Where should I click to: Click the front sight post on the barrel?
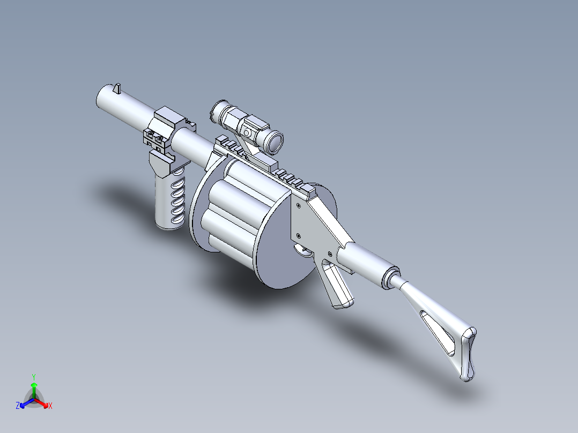click(116, 88)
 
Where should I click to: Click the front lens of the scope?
click(275, 141)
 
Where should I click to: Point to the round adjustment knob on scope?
click(247, 131)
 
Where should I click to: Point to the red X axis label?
click(50, 406)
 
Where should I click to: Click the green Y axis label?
click(33, 376)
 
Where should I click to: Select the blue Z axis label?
click(18, 406)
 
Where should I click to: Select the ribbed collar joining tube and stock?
click(390, 277)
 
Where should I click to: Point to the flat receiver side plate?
click(314, 222)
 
